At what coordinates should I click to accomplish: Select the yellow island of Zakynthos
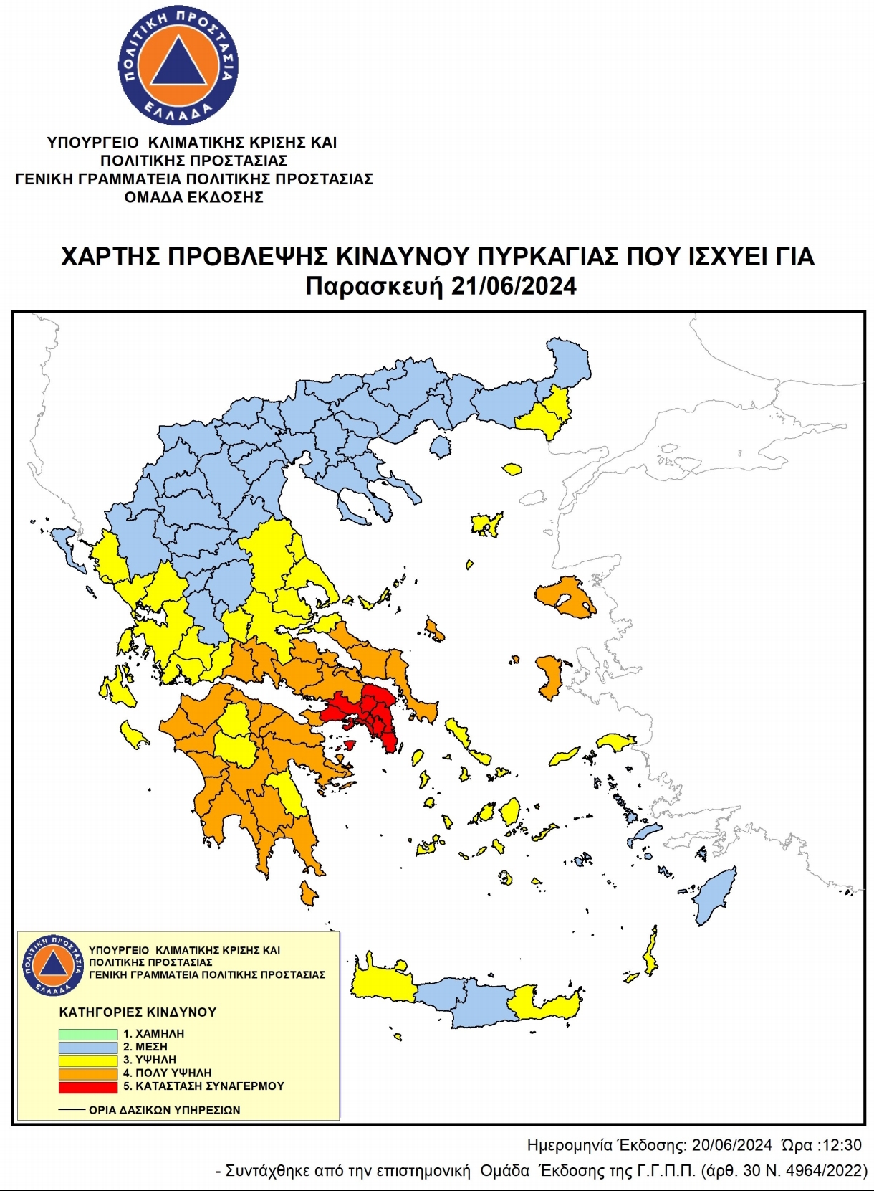coord(133,735)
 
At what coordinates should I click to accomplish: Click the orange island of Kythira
coord(308,893)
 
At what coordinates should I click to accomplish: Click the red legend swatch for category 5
coord(88,1086)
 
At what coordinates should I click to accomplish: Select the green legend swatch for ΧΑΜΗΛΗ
coord(88,1034)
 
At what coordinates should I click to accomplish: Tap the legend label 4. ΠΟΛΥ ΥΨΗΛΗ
coord(167,1073)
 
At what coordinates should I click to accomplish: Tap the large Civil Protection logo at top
coord(178,66)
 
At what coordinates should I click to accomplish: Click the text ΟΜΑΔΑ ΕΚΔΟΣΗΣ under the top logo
coord(193,197)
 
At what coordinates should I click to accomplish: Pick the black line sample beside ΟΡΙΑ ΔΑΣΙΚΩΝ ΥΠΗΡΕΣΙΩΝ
coord(72,1109)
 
